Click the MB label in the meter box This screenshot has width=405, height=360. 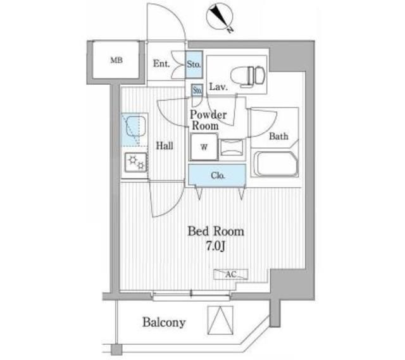pyautogui.click(x=116, y=61)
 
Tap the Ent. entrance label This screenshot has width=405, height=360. pyautogui.click(x=161, y=63)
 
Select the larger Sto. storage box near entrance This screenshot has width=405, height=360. pyautogui.click(x=194, y=64)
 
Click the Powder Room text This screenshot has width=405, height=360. pyautogui.click(x=208, y=120)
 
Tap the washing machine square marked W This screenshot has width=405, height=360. pyautogui.click(x=204, y=147)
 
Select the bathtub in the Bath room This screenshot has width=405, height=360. pyautogui.click(x=275, y=164)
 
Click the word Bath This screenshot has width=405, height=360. pyautogui.click(x=278, y=136)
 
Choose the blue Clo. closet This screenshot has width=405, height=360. pyautogui.click(x=216, y=175)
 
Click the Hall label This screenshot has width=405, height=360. pyautogui.click(x=165, y=146)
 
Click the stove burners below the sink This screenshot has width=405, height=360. pyautogui.click(x=135, y=163)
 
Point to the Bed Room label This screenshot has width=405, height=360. pyautogui.click(x=215, y=232)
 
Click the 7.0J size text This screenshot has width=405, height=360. pyautogui.click(x=215, y=246)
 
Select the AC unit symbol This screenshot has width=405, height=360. pyautogui.click(x=230, y=275)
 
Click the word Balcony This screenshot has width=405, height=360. pyautogui.click(x=164, y=323)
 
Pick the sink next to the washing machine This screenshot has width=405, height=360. pyautogui.click(x=230, y=146)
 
